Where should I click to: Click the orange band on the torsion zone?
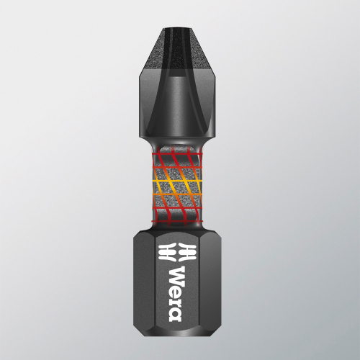[179, 186]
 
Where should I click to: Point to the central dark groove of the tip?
[179, 72]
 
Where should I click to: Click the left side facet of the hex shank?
[146, 288]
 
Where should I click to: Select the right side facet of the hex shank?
[213, 288]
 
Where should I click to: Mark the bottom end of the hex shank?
[179, 339]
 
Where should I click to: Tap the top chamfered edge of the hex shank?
[179, 229]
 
